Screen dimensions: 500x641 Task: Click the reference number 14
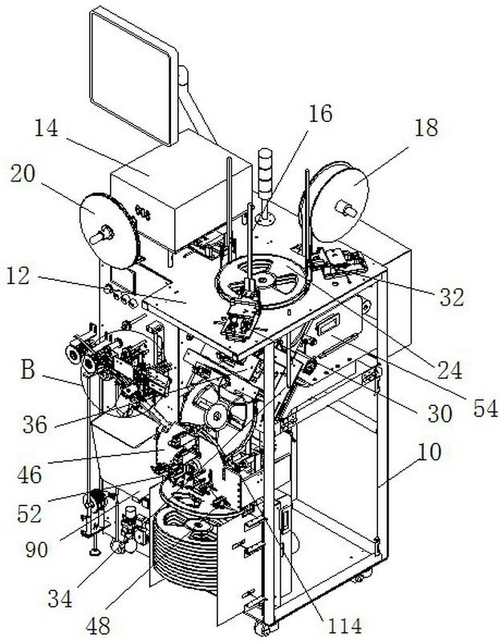click(47, 128)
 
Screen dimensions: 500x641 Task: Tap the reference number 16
click(320, 113)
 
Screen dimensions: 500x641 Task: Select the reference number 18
click(426, 128)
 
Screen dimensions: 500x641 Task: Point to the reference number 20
click(23, 174)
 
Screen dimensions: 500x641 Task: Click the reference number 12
click(18, 276)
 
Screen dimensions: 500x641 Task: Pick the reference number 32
click(452, 297)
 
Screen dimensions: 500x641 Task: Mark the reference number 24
click(449, 371)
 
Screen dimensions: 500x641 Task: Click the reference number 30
click(440, 414)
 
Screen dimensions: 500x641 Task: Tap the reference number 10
click(429, 452)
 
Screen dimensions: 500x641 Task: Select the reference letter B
click(27, 371)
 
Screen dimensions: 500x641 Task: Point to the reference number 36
click(35, 425)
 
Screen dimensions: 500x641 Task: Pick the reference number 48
click(98, 626)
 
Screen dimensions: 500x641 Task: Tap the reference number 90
click(37, 550)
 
